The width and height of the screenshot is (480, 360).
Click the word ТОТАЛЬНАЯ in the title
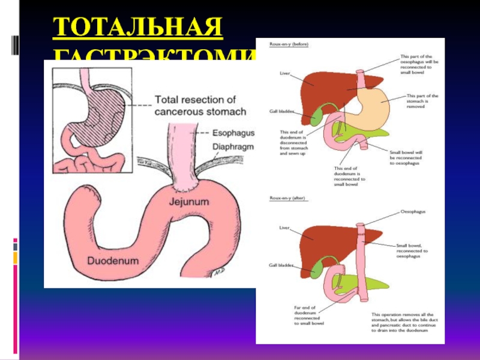[x=137, y=28]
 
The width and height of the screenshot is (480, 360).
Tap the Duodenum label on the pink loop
[x=113, y=261]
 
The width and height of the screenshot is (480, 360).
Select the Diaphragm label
[x=232, y=146]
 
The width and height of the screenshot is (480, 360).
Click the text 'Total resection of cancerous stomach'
[x=200, y=106]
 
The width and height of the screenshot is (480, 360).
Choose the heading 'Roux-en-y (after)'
[x=282, y=197]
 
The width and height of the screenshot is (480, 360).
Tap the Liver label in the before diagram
[x=285, y=74]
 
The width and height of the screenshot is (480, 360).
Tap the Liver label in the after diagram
[x=285, y=227]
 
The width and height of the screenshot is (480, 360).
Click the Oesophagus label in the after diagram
[x=413, y=212]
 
